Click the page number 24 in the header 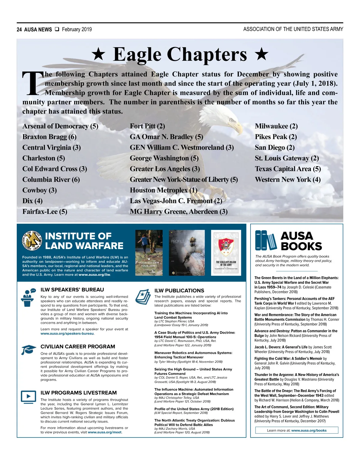pyautogui.click(x=19, y=29)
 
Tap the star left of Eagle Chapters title pyautogui.click(x=98, y=54)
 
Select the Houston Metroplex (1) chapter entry pyautogui.click(x=163, y=190)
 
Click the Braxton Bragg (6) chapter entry pyautogui.click(x=49, y=137)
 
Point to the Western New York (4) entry pyautogui.click(x=288, y=180)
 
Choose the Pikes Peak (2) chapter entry pyautogui.click(x=276, y=137)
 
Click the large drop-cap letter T pyautogui.click(x=32, y=83)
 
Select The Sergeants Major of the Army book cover pyautogui.click(x=226, y=253)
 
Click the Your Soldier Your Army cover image pyautogui.click(x=149, y=253)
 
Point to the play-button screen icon pyautogui.click(x=28, y=396)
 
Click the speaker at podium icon pyautogui.click(x=28, y=297)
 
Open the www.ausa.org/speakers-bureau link pyautogui.click(x=67, y=333)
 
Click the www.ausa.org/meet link pyautogui.click(x=105, y=432)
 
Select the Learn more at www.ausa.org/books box pyautogui.click(x=297, y=430)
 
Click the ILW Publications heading pyautogui.click(x=179, y=290)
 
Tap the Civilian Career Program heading pyautogui.click(x=78, y=346)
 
